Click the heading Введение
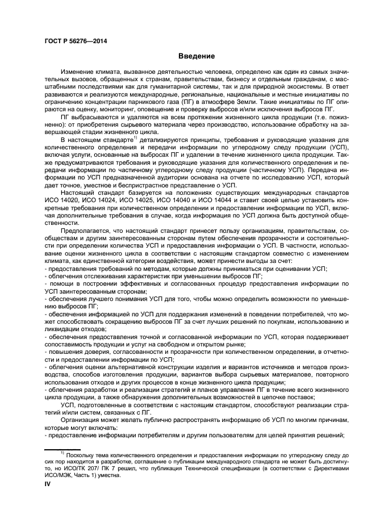pyautogui.click(x=197, y=57)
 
